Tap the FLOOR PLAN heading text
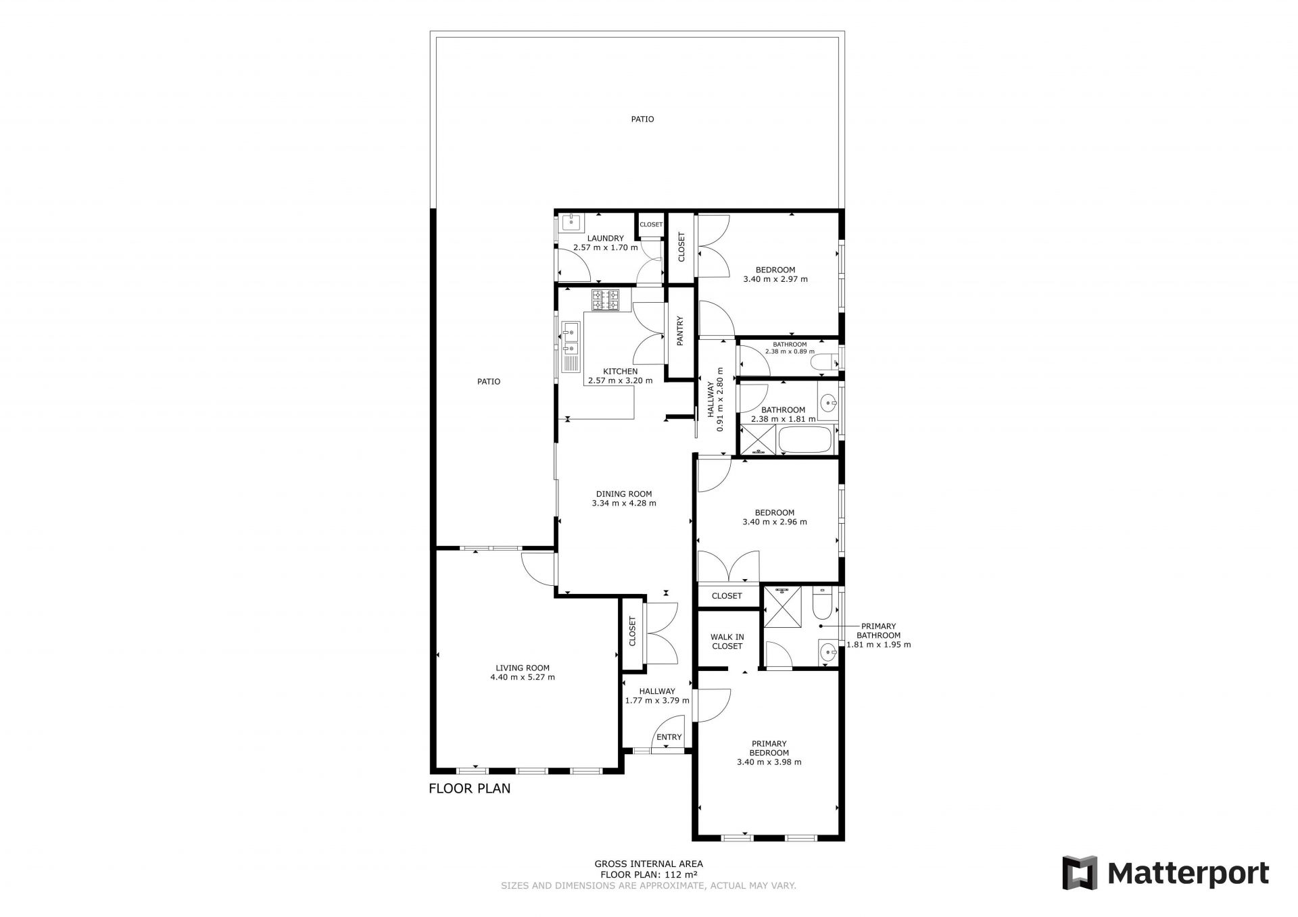coord(470,788)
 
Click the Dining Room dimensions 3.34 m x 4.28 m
coord(624,503)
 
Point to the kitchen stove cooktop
coord(606,300)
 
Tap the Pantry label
coord(681,331)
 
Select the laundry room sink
coord(573,221)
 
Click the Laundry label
coord(605,238)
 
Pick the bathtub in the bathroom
coord(808,440)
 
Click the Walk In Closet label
coord(727,641)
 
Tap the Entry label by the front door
coord(669,737)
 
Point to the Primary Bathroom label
coord(878,630)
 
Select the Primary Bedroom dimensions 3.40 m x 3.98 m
coord(769,762)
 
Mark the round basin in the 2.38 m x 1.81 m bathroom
coord(828,404)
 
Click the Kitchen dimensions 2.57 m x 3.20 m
coord(621,380)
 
